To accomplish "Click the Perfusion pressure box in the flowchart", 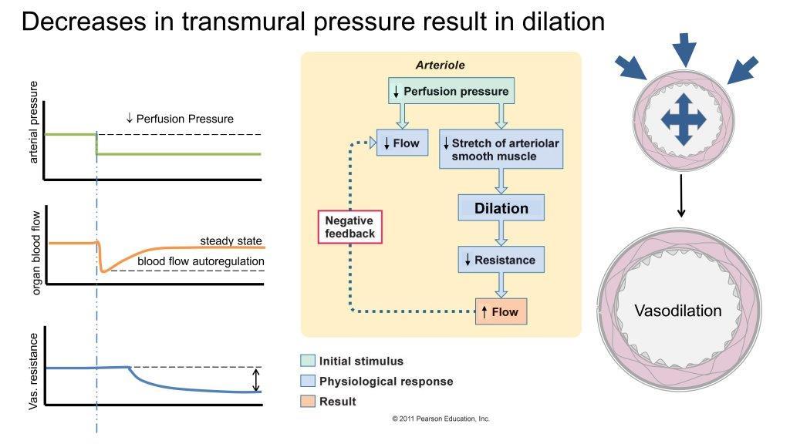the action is (451, 91).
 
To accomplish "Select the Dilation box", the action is (501, 208).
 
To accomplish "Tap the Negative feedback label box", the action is (349, 227).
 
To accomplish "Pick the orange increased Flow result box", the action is (501, 312).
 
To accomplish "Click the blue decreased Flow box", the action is (401, 143).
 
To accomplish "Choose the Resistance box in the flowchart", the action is (501, 260).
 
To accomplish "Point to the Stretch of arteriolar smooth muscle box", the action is (501, 150).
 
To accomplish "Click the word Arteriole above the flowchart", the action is (440, 66).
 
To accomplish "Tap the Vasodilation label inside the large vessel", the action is (678, 311).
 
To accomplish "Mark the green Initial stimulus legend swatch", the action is (307, 361).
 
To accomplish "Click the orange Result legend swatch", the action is (307, 402).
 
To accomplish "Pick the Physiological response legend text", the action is (386, 382).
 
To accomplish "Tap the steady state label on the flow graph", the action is (231, 241).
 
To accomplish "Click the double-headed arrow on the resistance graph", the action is (257, 379).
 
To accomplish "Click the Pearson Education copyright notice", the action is (441, 419).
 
